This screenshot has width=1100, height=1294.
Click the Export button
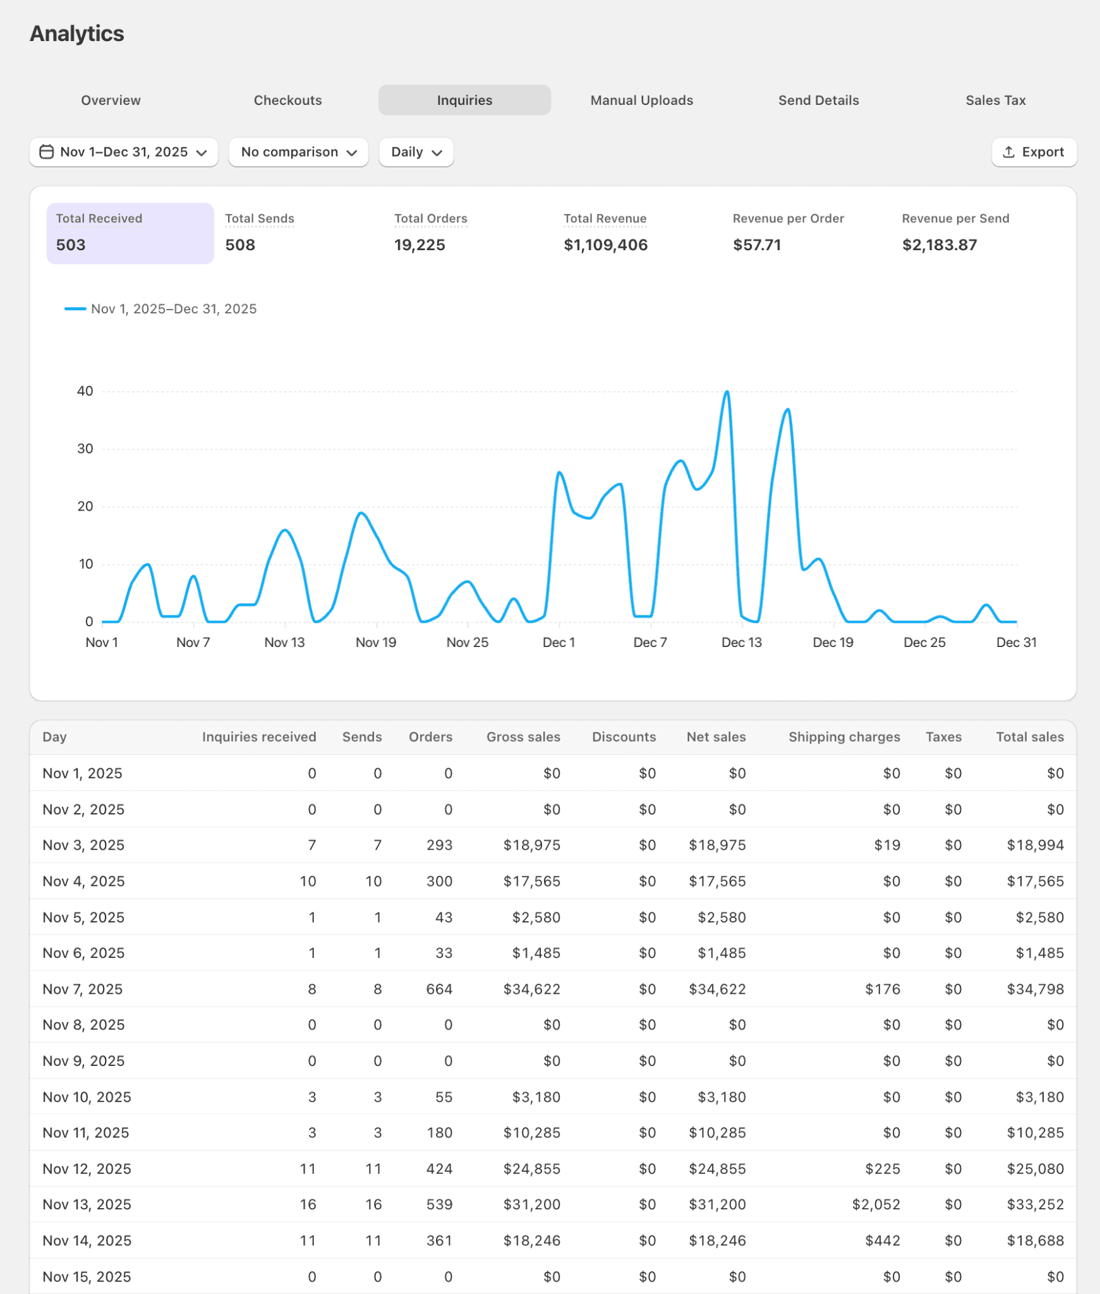click(x=1034, y=152)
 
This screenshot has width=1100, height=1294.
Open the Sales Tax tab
click(x=995, y=100)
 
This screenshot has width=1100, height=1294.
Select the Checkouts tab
click(x=287, y=100)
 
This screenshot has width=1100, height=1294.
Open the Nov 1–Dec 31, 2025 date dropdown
click(x=124, y=152)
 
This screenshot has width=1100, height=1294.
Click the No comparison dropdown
click(x=298, y=152)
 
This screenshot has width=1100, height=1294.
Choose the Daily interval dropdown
click(x=416, y=152)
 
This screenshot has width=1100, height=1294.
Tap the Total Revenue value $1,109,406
click(x=605, y=245)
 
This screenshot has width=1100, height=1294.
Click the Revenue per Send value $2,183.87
click(x=939, y=245)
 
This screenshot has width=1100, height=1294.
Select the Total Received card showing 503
click(x=130, y=233)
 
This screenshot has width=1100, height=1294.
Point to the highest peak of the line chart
click(x=727, y=392)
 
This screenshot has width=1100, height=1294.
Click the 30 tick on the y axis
click(x=85, y=449)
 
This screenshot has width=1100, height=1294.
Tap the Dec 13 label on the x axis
click(x=741, y=643)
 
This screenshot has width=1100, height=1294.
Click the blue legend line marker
click(x=75, y=309)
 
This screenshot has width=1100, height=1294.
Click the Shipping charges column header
click(x=843, y=737)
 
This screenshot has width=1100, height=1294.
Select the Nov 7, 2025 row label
click(x=83, y=989)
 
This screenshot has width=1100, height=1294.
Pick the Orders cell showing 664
click(x=439, y=989)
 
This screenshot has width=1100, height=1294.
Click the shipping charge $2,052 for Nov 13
click(x=876, y=1204)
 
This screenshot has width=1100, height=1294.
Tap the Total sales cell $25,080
click(x=1035, y=1169)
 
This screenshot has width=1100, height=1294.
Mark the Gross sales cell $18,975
click(x=531, y=845)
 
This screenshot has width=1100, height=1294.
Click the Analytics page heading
click(x=77, y=34)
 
